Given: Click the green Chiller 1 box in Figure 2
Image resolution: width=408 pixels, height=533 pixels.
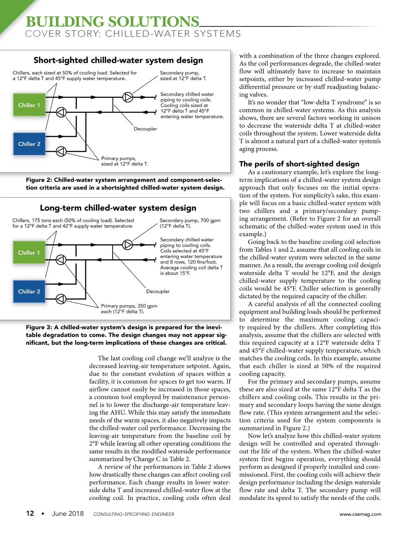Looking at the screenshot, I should coord(29,105).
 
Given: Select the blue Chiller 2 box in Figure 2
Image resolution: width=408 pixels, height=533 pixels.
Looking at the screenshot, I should coord(29,144).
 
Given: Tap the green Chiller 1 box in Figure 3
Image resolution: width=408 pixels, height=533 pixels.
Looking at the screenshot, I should coord(29,252).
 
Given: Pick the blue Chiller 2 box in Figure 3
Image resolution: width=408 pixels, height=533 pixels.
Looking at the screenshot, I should coord(29,291).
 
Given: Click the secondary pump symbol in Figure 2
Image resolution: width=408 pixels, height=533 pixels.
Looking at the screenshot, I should coord(128,97).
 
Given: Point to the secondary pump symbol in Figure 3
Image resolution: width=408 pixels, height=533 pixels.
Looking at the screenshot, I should coord(128,245).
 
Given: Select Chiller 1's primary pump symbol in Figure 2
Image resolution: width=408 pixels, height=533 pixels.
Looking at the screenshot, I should coord(61,112).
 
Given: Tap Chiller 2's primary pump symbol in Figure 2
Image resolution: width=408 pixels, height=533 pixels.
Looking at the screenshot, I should coord(61,151).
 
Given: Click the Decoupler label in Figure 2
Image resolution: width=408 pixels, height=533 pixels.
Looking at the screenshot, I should coord(145,129).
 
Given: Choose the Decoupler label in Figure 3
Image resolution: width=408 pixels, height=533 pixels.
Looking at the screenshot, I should coord(158,291).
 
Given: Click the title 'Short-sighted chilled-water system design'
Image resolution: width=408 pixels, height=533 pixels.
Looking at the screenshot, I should coord(118,60).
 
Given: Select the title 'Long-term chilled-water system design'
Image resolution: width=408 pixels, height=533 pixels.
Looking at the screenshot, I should coord(118,208).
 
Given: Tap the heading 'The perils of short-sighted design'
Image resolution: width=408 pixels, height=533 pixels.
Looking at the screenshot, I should coord(299,164).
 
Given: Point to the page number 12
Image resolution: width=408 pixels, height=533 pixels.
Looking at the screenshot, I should coord(30,513).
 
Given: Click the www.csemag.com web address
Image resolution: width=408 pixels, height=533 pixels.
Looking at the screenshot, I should coord(360,514).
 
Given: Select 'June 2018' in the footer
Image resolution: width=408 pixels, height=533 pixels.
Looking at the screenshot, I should coord(68,513).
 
